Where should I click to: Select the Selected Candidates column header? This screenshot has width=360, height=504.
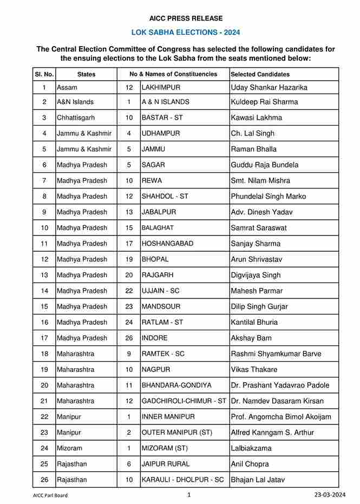(x=260, y=74)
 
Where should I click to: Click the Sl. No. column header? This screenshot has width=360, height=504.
(x=44, y=74)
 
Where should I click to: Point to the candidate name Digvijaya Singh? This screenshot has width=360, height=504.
(x=256, y=275)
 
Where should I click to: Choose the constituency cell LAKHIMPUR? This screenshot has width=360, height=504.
(x=161, y=87)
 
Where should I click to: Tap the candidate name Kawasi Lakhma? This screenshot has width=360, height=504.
(x=256, y=117)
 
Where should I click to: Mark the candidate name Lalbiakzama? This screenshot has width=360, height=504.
(x=251, y=448)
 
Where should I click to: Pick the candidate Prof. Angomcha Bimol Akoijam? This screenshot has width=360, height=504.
(x=280, y=417)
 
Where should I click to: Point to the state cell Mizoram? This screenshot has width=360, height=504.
(x=70, y=448)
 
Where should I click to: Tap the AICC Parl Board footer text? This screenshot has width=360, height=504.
(x=50, y=495)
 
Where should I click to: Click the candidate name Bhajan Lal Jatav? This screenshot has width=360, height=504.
(x=257, y=480)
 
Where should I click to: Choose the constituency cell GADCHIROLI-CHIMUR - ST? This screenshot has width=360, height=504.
(x=184, y=401)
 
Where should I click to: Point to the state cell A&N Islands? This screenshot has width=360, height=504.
(x=75, y=102)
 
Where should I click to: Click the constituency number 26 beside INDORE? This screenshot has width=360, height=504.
(x=129, y=338)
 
